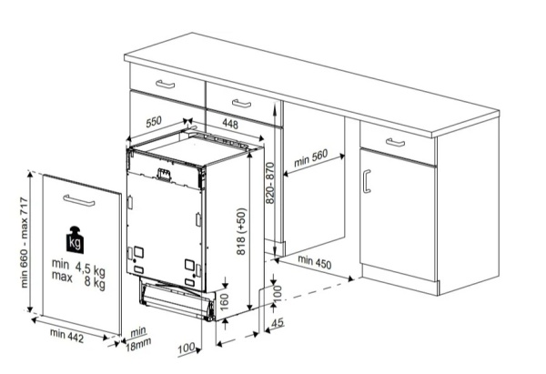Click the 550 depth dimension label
pyautogui.click(x=154, y=122)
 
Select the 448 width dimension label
pyautogui.click(x=230, y=124)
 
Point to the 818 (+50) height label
pyautogui.click(x=241, y=231)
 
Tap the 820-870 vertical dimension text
pyautogui.click(x=270, y=183)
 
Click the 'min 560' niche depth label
pyautogui.click(x=311, y=158)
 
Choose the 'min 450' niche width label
pyautogui.click(x=315, y=262)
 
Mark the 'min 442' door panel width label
pyautogui.click(x=66, y=336)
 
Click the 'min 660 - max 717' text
pyautogui.click(x=24, y=242)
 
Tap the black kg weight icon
pyautogui.click(x=75, y=239)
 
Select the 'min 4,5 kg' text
pyautogui.click(x=78, y=267)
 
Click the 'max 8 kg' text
pyautogui.click(x=78, y=279)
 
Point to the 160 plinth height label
pyautogui.click(x=225, y=301)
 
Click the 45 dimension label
pyautogui.click(x=278, y=323)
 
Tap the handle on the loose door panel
pyautogui.click(x=79, y=200)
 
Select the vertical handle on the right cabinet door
pyautogui.click(x=367, y=181)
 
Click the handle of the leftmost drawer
pyautogui.click(x=165, y=84)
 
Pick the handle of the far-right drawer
pyautogui.click(x=395, y=142)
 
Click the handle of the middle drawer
pyautogui.click(x=241, y=104)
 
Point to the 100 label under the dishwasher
pyautogui.click(x=187, y=349)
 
